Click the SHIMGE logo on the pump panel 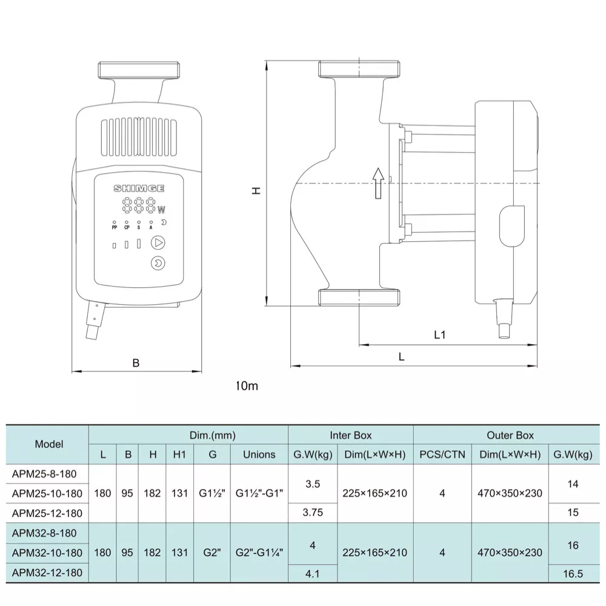point(139,188)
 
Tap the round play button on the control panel point(158,243)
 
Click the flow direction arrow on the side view point(378,183)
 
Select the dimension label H point(256,190)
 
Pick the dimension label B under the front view point(136,363)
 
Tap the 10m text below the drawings point(248,386)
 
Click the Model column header point(49,444)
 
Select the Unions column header point(259,454)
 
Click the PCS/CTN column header point(442,454)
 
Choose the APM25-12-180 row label point(47,513)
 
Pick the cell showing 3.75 point(313,513)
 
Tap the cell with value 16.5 point(573,573)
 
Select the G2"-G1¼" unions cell point(259,553)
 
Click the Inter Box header point(350,435)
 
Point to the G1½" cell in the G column point(212,493)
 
